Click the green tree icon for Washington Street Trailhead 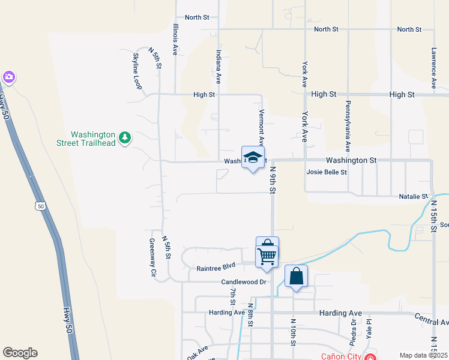[x=125, y=139]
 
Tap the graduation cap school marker [x=253, y=158]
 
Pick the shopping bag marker [x=296, y=277]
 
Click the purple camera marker [x=8, y=77]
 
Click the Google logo [x=20, y=353]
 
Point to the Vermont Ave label [x=261, y=127]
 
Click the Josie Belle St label [x=327, y=172]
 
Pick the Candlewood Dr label [x=243, y=281]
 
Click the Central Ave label [x=432, y=319]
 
